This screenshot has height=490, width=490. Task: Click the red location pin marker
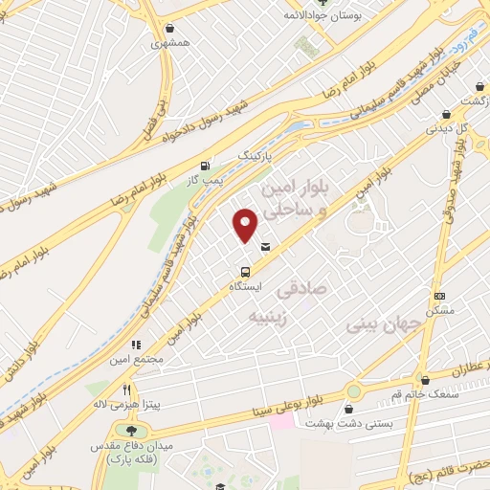246,225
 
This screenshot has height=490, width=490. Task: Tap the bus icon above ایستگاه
246,271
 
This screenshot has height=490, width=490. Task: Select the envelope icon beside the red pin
265,248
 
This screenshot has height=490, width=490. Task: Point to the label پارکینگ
255,154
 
